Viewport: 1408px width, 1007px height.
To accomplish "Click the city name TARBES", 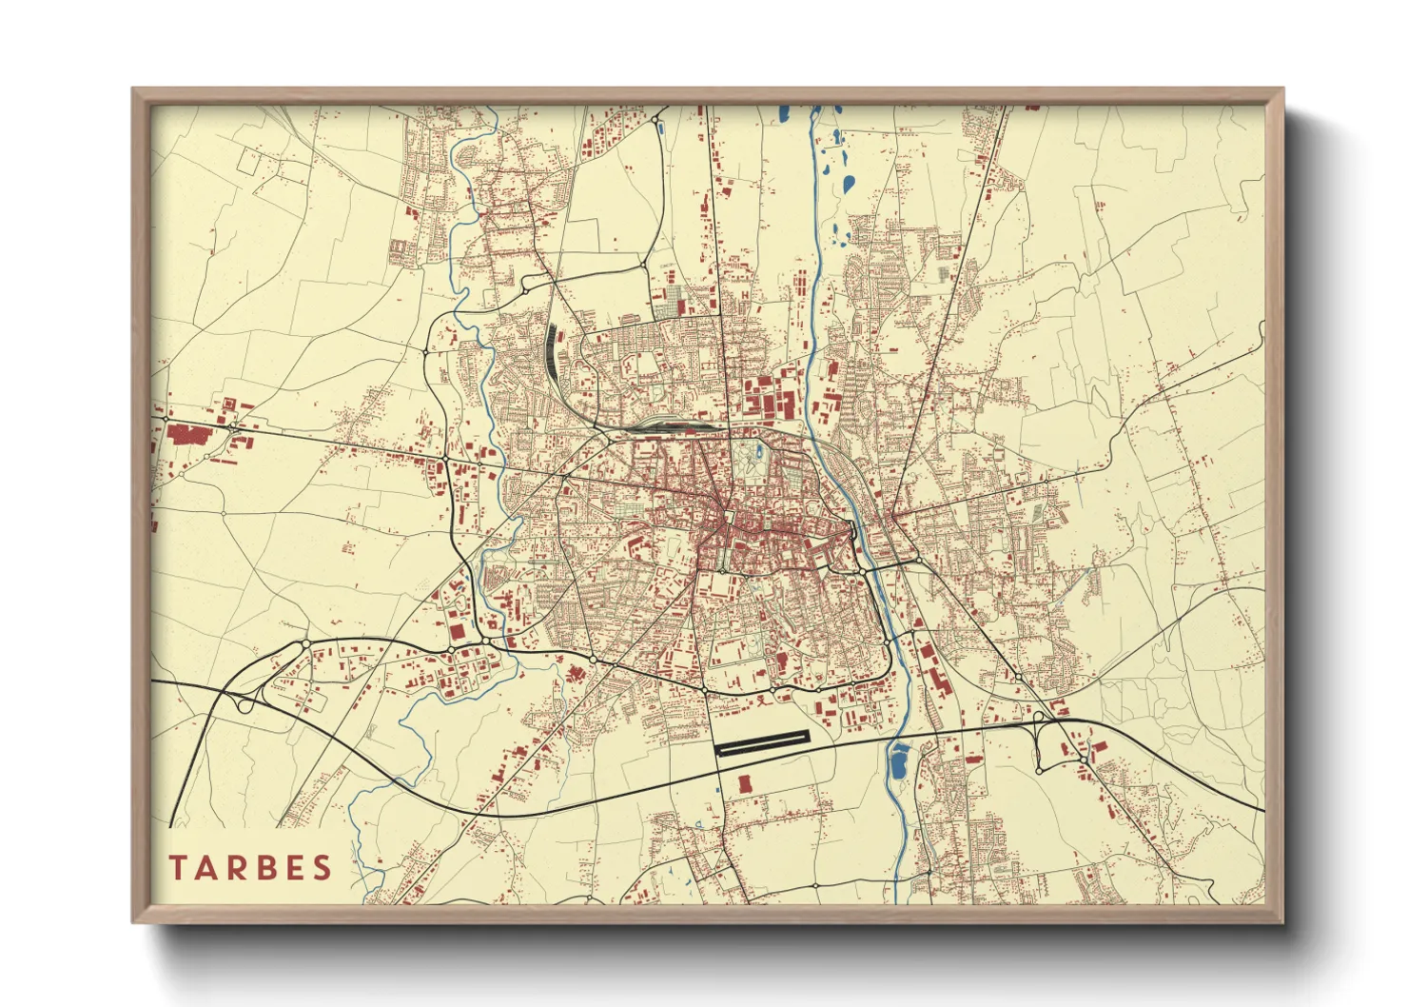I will click(251, 867).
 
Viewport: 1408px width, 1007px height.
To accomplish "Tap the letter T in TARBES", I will click(178, 867).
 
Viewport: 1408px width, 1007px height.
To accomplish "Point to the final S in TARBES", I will click(323, 867).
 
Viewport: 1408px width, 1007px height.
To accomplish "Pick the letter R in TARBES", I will click(231, 867).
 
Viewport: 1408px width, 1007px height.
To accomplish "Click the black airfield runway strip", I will click(761, 742).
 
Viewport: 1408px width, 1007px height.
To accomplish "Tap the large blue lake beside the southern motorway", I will click(897, 760).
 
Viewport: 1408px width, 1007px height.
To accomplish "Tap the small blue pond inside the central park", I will click(757, 451).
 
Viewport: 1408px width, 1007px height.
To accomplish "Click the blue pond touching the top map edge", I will click(783, 113).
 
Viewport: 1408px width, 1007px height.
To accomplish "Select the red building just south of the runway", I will click(745, 783).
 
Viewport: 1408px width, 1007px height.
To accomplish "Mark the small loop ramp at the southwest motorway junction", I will click(245, 704).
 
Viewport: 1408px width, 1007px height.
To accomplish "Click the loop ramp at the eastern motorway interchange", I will click(1046, 752).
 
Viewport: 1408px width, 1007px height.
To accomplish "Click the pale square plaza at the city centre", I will click(729, 518).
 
